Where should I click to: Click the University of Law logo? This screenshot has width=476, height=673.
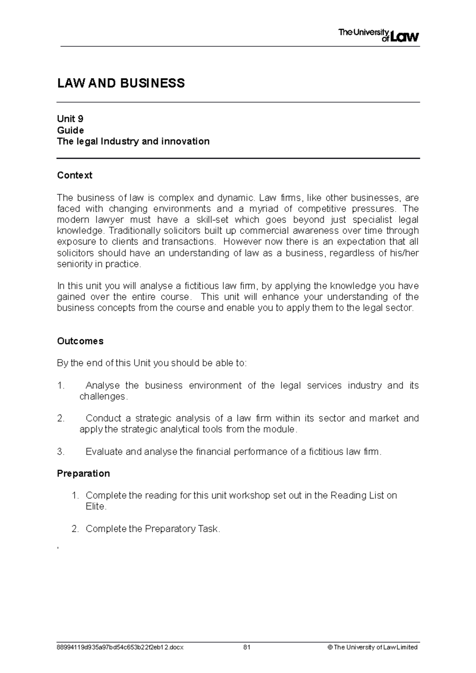[x=378, y=35]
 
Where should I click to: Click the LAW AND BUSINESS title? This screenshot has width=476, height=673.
[x=121, y=83]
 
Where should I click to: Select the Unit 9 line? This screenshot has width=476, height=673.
[x=70, y=119]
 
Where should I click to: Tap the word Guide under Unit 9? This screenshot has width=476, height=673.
[x=70, y=130]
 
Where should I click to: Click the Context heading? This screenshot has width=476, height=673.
[x=75, y=175]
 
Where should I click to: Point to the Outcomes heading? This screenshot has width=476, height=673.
[x=80, y=341]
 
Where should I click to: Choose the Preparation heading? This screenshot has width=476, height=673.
[x=83, y=473]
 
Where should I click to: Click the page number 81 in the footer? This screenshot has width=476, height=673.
[x=247, y=647]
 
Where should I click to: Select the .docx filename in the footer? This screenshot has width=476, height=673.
[x=120, y=647]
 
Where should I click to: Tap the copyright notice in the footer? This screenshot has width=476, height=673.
[x=372, y=647]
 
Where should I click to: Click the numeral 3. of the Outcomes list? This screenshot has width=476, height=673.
[x=61, y=451]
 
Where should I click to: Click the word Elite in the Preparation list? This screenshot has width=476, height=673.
[x=95, y=506]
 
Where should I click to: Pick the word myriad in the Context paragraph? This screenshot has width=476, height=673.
[x=264, y=208]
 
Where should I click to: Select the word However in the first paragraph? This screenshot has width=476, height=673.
[x=242, y=241]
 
